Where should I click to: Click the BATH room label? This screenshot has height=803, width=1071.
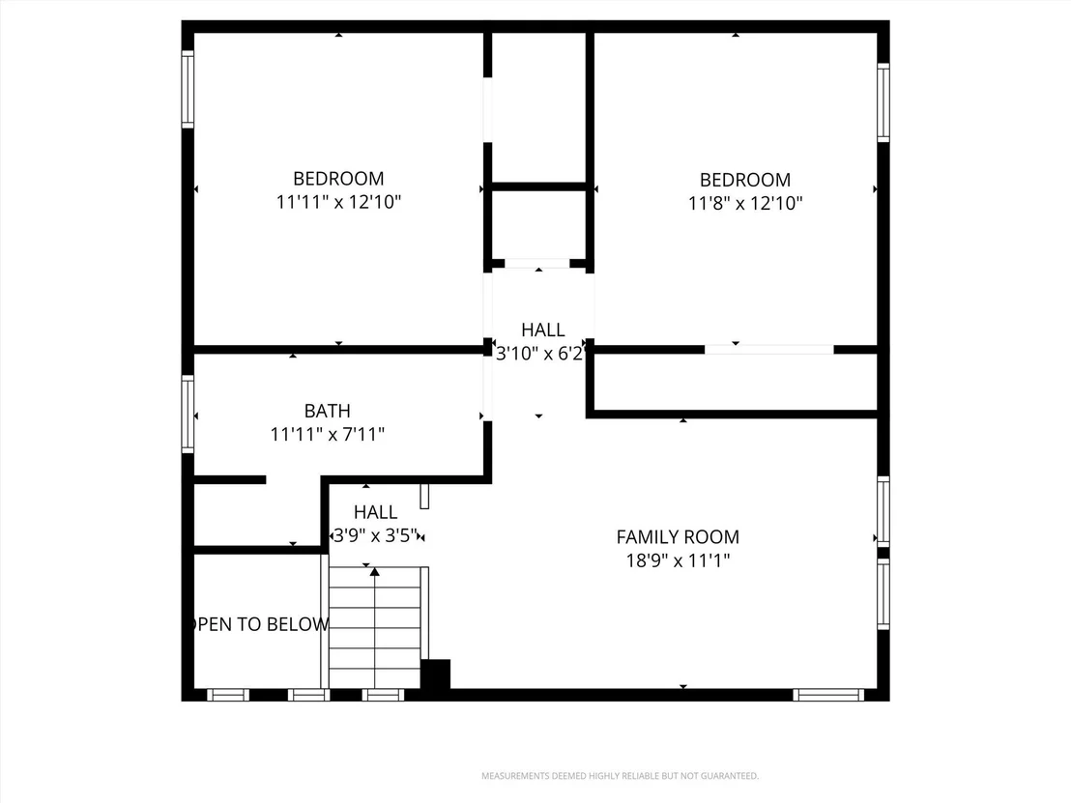coord(327,411)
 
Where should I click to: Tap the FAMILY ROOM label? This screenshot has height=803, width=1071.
coord(678,537)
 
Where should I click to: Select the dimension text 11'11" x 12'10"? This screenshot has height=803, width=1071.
coord(338,202)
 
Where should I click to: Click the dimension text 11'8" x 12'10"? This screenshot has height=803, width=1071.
coord(745,204)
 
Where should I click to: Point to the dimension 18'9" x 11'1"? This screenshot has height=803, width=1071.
coord(679,560)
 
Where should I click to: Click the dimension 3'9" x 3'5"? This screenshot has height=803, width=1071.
coord(375,535)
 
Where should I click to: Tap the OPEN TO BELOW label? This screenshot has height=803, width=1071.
coord(259,624)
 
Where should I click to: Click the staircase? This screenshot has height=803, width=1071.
coord(375,627)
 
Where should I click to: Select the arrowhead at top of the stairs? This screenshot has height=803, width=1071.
coord(374,571)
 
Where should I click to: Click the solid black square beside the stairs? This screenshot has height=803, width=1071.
coord(435,674)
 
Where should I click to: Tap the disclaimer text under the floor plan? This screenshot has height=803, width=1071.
coord(621,776)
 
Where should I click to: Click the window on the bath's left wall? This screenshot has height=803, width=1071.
coord(188,414)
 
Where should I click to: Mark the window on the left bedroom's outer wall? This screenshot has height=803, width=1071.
coord(188,89)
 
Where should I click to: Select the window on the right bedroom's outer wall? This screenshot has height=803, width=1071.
coord(883,102)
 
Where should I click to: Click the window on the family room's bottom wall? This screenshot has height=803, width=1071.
coord(828,695)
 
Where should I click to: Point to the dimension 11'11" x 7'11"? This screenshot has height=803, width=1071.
coord(327,434)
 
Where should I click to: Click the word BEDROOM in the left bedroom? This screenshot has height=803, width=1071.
coord(338,179)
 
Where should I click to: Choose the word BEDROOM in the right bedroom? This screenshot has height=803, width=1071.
coord(745,181)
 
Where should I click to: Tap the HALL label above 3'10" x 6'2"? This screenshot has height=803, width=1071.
coord(543,330)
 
